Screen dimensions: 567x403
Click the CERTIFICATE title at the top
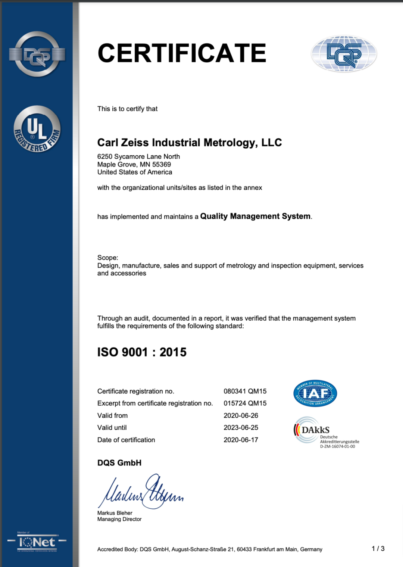point(182,53)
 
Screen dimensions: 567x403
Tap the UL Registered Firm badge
point(37,129)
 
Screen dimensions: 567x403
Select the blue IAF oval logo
point(315,393)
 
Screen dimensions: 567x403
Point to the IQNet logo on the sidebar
point(37,542)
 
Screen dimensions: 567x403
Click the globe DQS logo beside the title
point(344,54)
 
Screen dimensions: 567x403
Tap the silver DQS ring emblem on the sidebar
point(37,54)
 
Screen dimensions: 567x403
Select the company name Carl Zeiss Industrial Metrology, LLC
point(190,143)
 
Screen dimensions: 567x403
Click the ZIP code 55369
point(162,164)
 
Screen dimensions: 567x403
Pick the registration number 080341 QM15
point(245,391)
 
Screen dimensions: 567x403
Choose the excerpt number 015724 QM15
point(245,403)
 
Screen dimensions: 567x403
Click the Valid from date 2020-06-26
point(241,415)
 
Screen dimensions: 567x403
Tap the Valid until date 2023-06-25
point(241,427)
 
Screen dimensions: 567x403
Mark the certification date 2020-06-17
point(241,440)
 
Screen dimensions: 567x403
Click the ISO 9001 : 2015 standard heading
point(142,352)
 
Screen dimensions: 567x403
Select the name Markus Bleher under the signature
point(115,513)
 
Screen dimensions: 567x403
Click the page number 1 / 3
point(378,548)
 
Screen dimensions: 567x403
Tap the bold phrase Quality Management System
point(256,216)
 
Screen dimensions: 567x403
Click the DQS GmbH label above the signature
point(119,463)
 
